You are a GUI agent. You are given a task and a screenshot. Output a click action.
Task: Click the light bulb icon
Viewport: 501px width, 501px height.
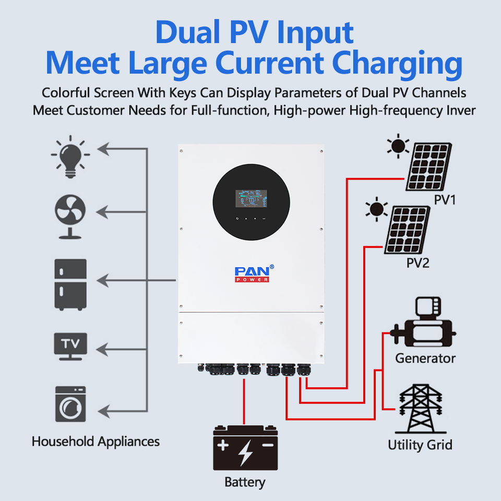point(70,156)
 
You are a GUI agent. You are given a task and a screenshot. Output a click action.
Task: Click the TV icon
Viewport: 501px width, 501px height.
point(70,345)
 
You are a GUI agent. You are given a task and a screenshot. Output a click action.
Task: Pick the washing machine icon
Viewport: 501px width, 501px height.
point(70,404)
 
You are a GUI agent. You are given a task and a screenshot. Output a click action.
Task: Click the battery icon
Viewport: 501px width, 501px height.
point(245,447)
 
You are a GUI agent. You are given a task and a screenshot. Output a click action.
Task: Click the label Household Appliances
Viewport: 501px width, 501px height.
point(96,442)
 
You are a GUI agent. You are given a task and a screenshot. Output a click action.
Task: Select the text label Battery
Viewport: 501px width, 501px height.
point(245,482)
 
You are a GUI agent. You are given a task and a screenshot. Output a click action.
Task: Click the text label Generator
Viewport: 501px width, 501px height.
point(425,359)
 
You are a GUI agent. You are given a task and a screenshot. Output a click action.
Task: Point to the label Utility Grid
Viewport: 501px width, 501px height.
point(420,445)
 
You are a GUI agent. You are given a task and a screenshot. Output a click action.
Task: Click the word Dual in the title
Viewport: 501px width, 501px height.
point(188,32)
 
